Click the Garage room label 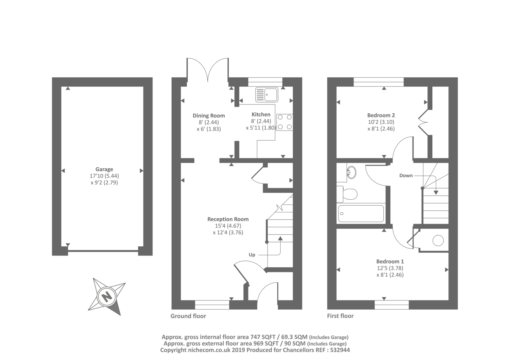[x=104, y=169]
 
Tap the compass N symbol [x=107, y=297]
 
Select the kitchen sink [x=267, y=95]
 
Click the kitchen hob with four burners [x=285, y=122]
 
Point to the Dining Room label [x=209, y=116]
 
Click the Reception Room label [x=228, y=219]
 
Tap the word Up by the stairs [x=252, y=255]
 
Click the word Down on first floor [x=406, y=176]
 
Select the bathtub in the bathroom [x=361, y=214]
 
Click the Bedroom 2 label [x=381, y=115]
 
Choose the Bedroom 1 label [x=390, y=262]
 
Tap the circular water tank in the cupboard [x=438, y=240]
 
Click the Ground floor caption [x=188, y=316]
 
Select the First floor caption [x=340, y=316]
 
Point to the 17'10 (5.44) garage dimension [x=104, y=176]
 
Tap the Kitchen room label [x=261, y=114]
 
